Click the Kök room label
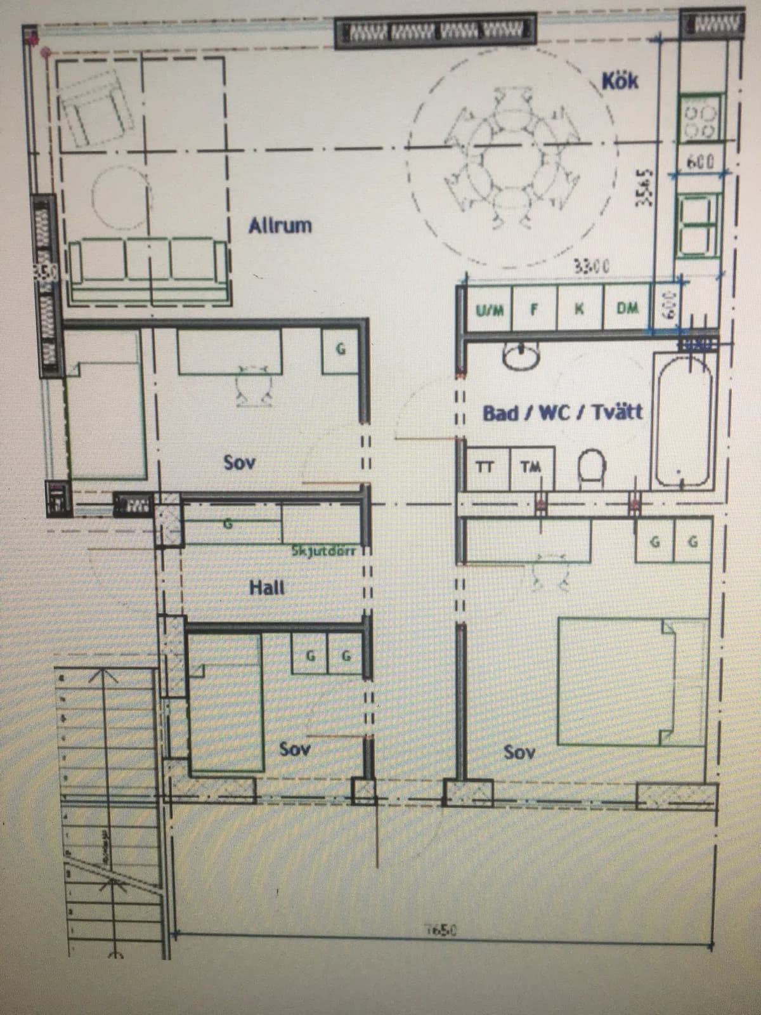(x=620, y=81)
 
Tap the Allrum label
(x=280, y=225)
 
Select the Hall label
(x=266, y=587)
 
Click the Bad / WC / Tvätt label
(x=563, y=413)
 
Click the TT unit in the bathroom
(x=485, y=468)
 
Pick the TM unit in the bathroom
(x=530, y=468)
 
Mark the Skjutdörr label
(x=325, y=549)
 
